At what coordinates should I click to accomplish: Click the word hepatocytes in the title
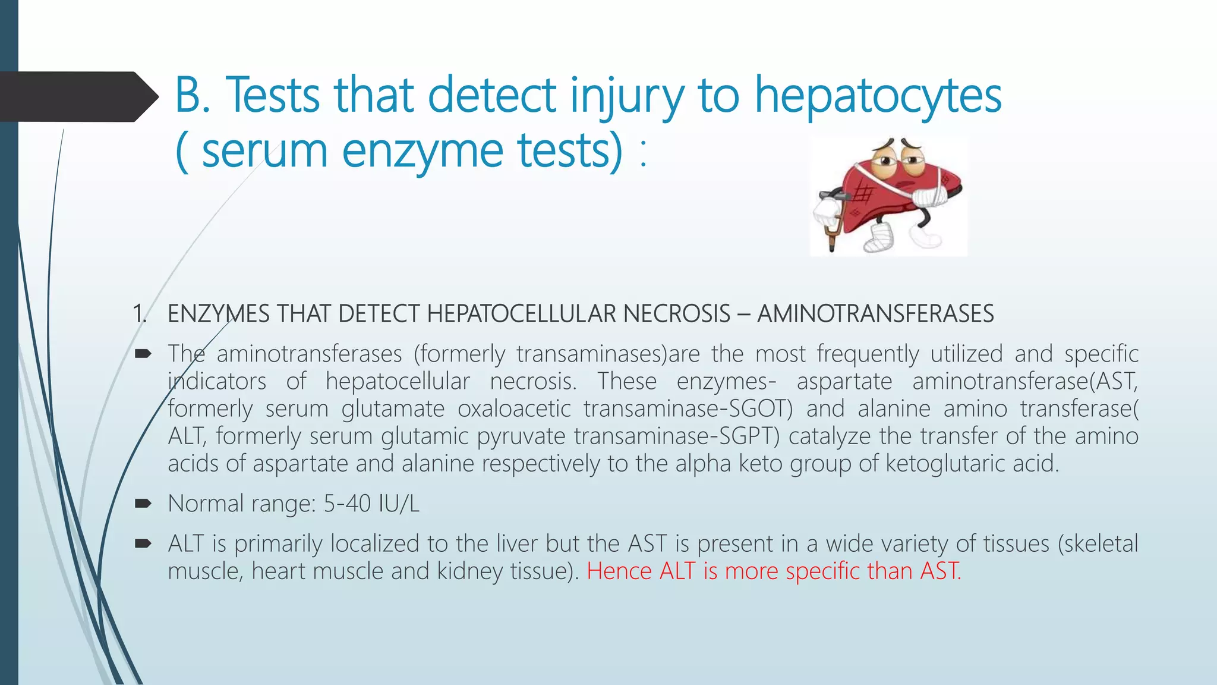pos(878,96)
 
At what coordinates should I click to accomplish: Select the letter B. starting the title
pos(193,95)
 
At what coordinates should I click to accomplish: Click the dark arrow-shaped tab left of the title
pos(77,96)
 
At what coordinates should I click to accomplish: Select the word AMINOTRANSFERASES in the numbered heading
pos(875,314)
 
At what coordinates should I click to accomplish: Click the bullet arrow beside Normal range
pos(143,504)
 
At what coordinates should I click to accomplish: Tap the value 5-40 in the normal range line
pos(347,504)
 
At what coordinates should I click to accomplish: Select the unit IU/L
pos(399,504)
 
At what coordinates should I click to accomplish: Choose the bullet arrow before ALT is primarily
pos(143,544)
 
